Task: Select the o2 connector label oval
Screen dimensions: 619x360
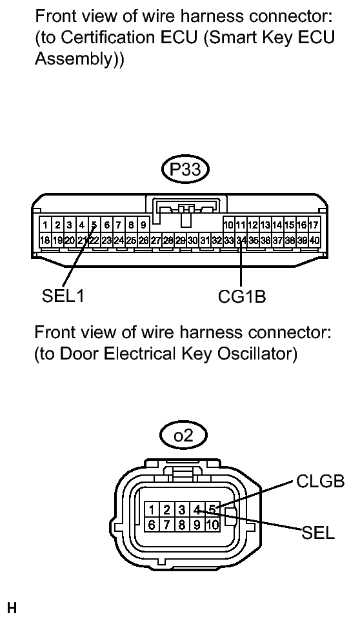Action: click(x=184, y=436)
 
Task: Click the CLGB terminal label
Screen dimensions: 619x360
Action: click(x=321, y=482)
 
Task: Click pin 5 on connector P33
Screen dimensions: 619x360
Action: click(x=94, y=225)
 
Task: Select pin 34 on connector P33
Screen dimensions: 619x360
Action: click(x=241, y=239)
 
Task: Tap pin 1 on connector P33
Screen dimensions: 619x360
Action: click(x=45, y=225)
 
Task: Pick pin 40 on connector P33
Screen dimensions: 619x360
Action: click(x=314, y=239)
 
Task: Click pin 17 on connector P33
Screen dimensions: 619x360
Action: click(x=314, y=225)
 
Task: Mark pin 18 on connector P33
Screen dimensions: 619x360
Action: click(x=45, y=239)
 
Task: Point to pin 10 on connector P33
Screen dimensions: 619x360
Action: click(x=228, y=225)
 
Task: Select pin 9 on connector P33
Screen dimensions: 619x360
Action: click(x=143, y=225)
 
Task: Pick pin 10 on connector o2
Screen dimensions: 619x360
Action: click(x=212, y=525)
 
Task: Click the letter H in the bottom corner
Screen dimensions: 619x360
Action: click(x=11, y=607)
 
